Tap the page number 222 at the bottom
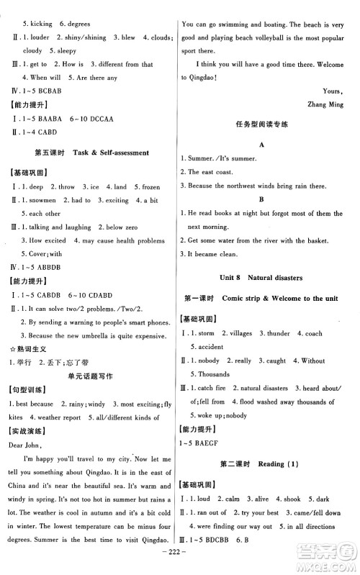click(179, 563)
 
